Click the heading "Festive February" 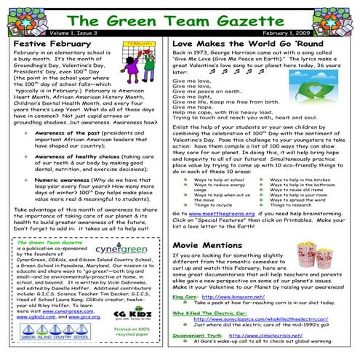coord(49,44)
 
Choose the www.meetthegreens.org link coord(220,215)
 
